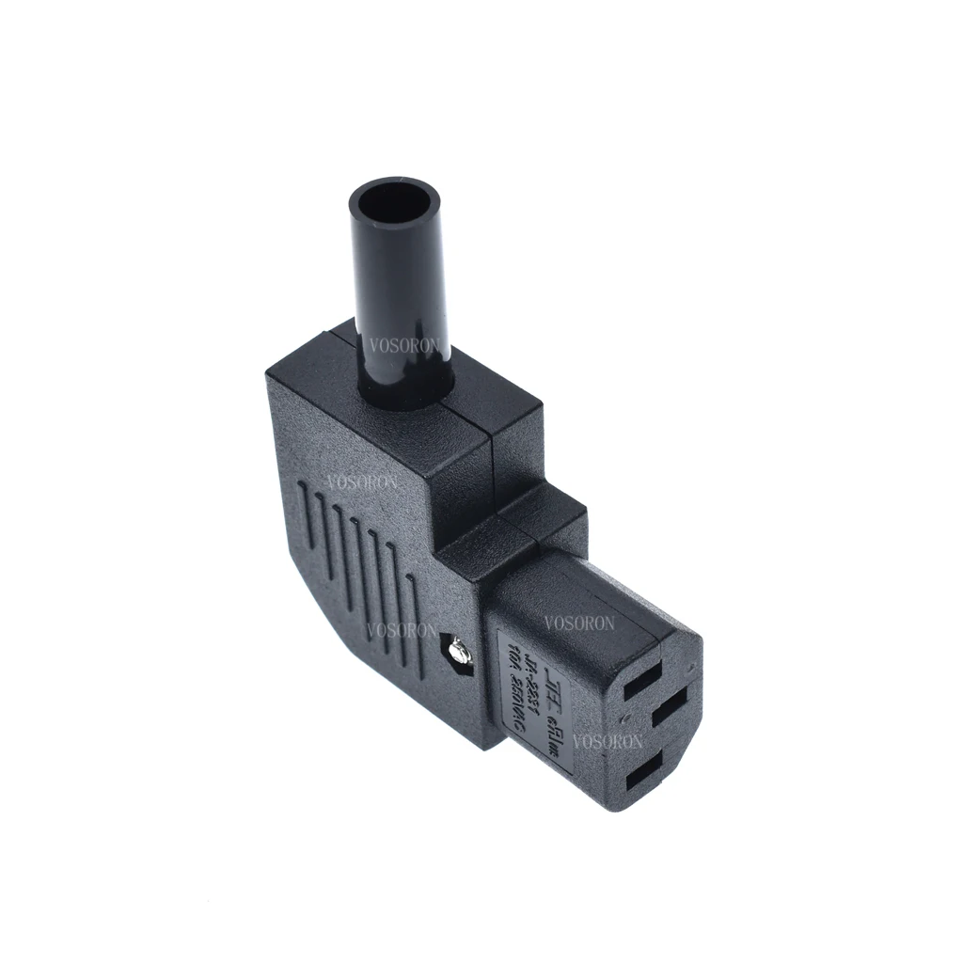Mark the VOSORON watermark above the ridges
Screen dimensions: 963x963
click(362, 483)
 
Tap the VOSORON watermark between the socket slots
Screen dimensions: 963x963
click(608, 741)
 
